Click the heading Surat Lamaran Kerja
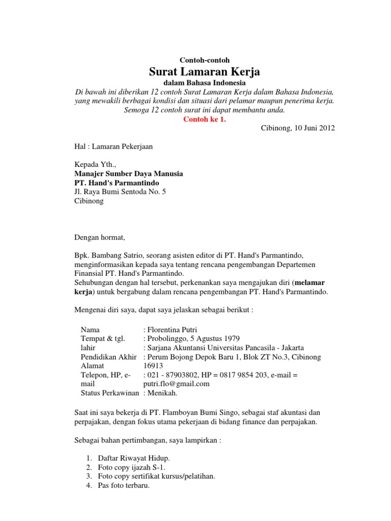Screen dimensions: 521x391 tap(204, 71)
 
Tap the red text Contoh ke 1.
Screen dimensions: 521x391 tap(204, 120)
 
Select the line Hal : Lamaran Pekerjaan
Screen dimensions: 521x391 tap(114, 147)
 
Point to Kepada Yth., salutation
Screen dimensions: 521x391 tap(95, 165)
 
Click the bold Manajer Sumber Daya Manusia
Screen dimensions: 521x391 tap(129, 174)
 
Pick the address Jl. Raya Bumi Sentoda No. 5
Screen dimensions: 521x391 tap(120, 192)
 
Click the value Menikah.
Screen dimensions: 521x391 tap(164, 393)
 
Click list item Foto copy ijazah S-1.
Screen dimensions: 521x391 tap(132, 467)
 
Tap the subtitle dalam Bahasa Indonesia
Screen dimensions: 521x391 tap(204, 83)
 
